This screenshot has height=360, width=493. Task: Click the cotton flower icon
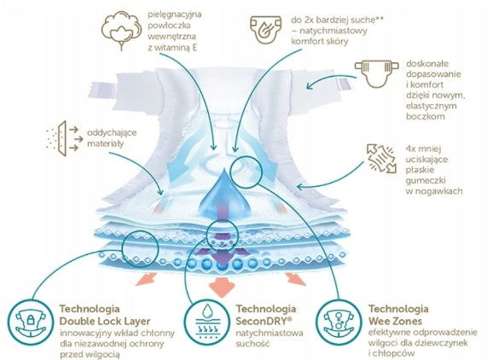pos(121,30)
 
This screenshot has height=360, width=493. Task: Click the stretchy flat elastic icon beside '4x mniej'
pos(381,158)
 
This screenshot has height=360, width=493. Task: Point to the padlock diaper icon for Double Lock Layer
pos(31,322)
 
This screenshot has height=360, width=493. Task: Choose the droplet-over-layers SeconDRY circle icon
pos(206,322)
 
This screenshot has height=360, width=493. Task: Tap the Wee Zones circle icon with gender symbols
pos(339,322)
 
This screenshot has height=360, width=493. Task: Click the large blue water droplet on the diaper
pos(224,192)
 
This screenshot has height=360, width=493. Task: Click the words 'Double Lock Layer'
pos(105,322)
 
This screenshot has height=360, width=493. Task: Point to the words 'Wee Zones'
pos(395,322)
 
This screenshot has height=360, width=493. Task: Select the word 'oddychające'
pos(112,133)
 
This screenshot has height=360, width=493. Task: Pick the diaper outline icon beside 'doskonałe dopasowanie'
pos(377,74)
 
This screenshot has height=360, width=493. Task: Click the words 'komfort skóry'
pos(320,41)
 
